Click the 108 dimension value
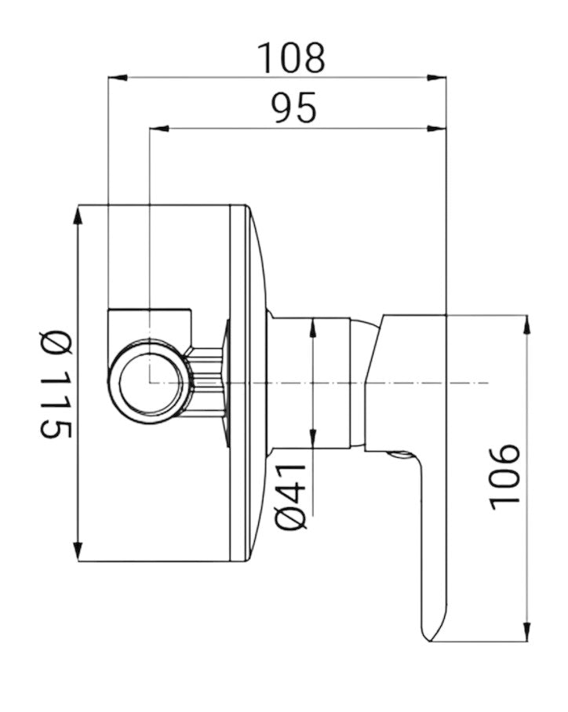291,56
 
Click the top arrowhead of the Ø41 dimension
313,327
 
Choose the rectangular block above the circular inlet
150,321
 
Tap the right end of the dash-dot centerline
486,383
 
